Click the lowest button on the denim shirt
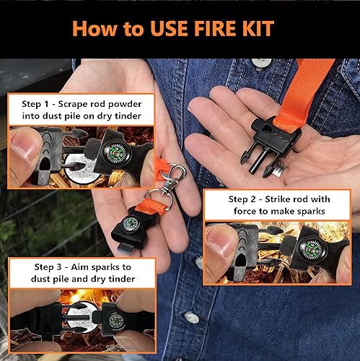pyautogui.click(x=191, y=317)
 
